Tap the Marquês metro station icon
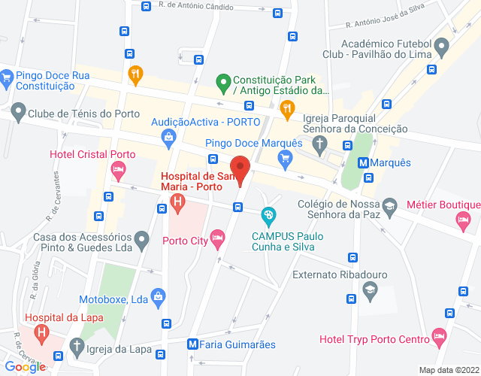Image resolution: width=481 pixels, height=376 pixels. [364, 162]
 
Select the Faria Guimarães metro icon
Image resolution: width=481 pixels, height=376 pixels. [193, 344]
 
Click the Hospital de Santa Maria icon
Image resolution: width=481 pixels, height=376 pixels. [177, 202]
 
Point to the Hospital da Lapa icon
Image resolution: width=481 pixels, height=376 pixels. [42, 331]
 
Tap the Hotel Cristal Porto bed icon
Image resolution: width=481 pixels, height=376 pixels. [118, 171]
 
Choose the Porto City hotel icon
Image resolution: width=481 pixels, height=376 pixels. [217, 241]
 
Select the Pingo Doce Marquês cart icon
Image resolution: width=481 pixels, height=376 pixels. [284, 157]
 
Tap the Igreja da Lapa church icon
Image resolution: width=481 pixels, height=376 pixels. [75, 347]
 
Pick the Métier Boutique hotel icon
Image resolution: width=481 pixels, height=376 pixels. [462, 219]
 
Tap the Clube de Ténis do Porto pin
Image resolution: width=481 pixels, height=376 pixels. [17, 114]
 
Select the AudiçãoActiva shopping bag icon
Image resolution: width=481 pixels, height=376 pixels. [169, 137]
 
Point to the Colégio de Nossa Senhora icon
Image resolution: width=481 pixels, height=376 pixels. [389, 205]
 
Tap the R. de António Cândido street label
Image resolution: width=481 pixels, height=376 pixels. [196, 5]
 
